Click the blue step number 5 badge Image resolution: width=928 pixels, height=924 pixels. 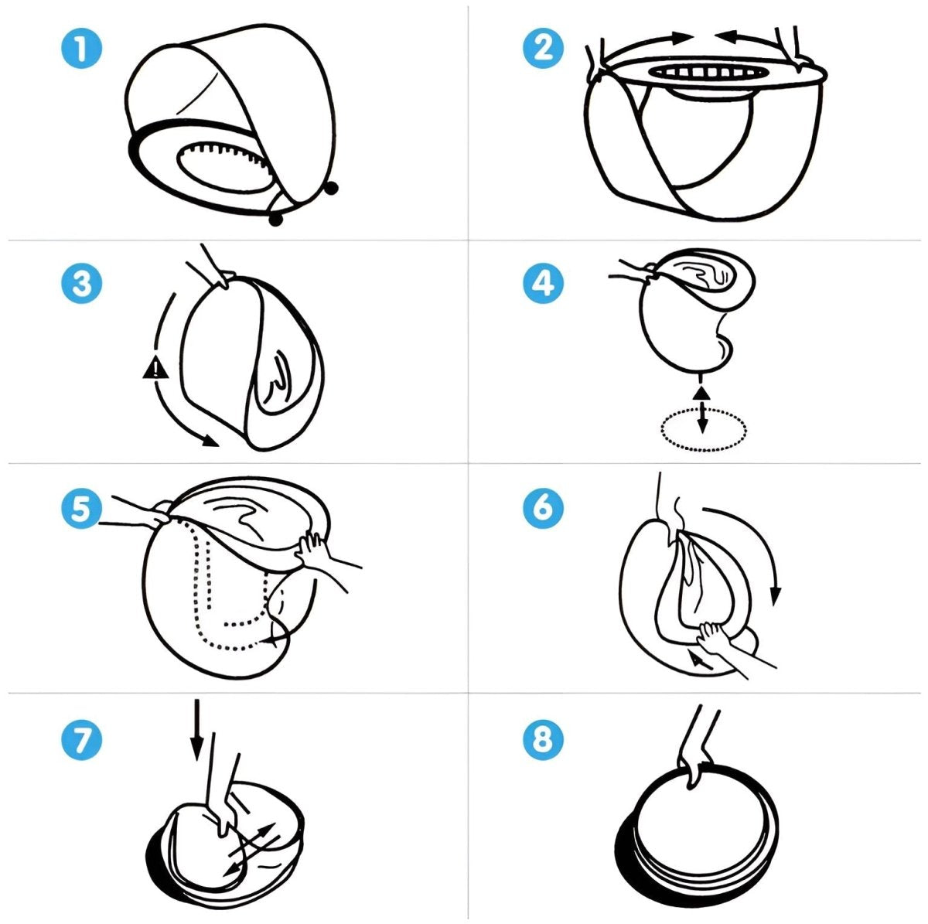(x=81, y=508)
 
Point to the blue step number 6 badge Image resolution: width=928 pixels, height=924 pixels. (x=544, y=508)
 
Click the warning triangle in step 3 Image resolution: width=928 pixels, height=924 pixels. (x=155, y=367)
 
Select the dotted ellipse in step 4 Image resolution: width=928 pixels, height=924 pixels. (x=704, y=429)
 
